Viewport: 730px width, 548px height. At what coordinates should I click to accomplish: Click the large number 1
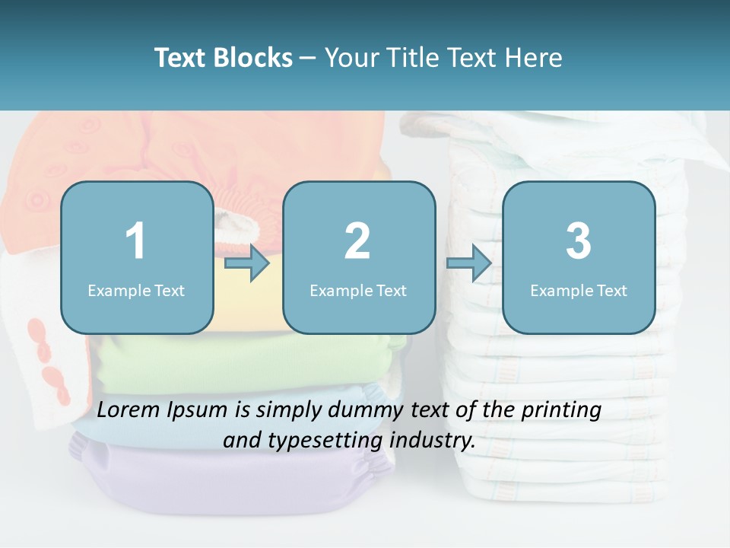coord(136,241)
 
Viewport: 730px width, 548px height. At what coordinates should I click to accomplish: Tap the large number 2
coord(357,241)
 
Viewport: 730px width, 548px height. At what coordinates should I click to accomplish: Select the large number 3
coord(579,241)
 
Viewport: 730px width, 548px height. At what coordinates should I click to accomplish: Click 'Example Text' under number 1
coord(136,290)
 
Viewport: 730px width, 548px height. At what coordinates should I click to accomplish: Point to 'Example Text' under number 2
coord(358,290)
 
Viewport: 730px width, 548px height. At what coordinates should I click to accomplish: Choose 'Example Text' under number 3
coord(579,290)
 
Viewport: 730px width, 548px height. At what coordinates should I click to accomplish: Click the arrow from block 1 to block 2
coord(247,264)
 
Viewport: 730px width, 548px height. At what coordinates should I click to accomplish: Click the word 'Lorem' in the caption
coord(130,410)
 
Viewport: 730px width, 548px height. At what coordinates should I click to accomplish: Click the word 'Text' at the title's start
coord(181,58)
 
